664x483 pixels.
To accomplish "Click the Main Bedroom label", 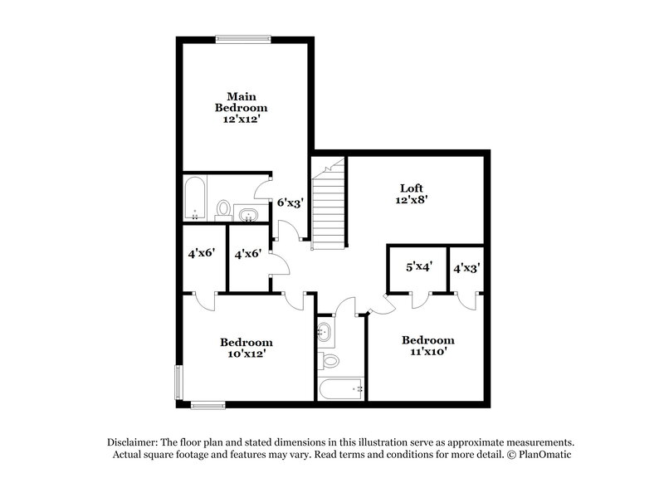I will click(x=241, y=101).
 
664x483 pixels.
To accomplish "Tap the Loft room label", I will click(x=412, y=188).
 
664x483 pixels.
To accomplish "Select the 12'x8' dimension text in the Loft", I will click(x=412, y=200).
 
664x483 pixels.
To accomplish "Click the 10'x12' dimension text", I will click(x=246, y=354).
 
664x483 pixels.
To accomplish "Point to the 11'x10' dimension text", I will click(x=427, y=352).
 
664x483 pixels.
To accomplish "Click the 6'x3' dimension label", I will click(x=289, y=202).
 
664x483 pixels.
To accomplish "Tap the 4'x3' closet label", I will click(x=466, y=268).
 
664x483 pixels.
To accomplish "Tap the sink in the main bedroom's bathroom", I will click(x=248, y=216).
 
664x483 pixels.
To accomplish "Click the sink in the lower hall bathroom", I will click(x=325, y=334).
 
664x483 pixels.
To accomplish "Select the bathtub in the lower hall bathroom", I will click(x=341, y=388).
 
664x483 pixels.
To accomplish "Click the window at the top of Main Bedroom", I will click(x=243, y=38).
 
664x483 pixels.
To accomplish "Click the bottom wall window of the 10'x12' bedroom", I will click(x=207, y=405).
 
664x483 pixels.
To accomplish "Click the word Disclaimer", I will click(x=133, y=442).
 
